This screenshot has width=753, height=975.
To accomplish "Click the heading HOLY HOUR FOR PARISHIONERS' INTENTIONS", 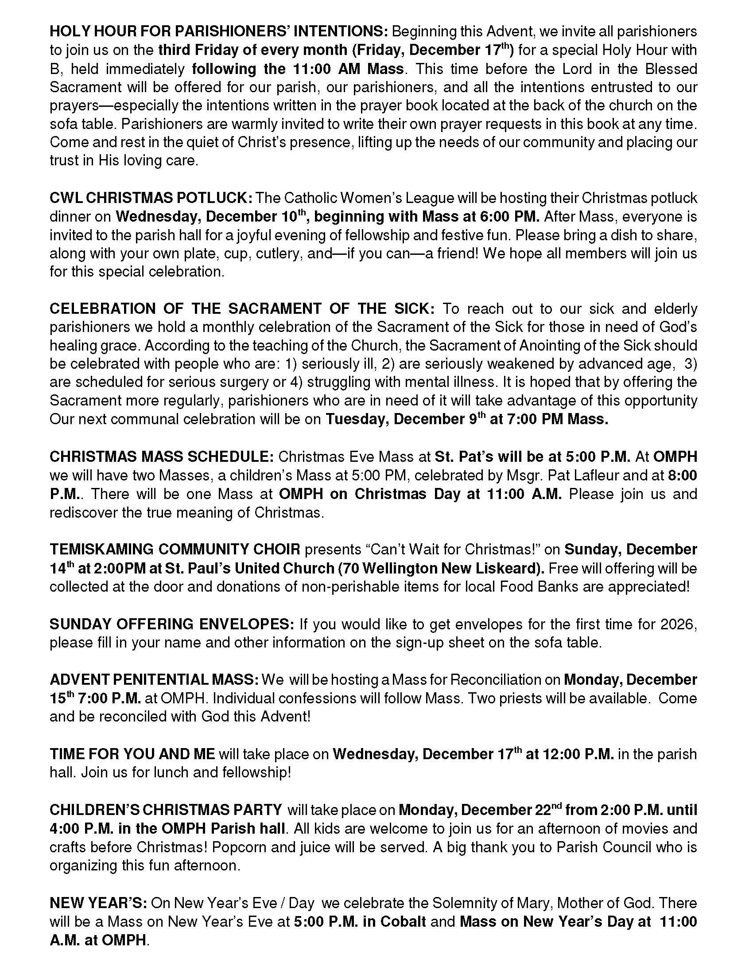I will click(x=218, y=32).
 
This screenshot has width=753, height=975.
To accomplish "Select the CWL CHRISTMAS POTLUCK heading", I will click(x=151, y=198).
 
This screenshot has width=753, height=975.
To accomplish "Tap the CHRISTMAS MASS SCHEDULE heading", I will click(x=162, y=456).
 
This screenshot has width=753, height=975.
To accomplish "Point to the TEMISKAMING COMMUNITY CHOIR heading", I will click(x=175, y=549).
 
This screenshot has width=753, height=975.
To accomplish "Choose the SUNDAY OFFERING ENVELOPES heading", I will click(x=172, y=624).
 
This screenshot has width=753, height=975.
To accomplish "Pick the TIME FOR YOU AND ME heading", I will click(x=132, y=754).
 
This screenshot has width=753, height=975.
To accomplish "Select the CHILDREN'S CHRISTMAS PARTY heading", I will click(x=166, y=809).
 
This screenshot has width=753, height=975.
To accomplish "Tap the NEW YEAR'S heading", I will click(x=98, y=903).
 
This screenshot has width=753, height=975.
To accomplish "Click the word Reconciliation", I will click(x=495, y=679).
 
